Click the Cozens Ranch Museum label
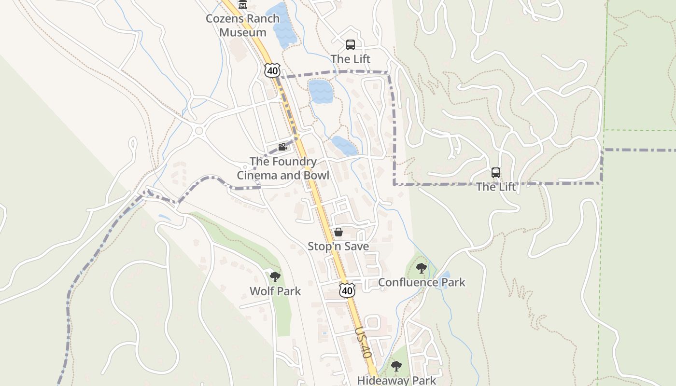242,26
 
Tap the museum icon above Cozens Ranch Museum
242,4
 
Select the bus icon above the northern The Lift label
351,45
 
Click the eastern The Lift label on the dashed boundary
496,187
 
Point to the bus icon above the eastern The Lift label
496,173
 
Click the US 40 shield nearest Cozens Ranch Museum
272,70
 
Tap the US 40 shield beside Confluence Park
347,290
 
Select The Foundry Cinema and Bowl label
283,168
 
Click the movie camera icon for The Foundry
282,147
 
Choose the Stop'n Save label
338,247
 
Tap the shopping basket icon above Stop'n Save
338,232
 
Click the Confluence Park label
422,282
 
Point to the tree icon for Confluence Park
422,268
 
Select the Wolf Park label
275,291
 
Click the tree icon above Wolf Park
275,277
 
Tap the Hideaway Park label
396,380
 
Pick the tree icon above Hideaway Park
396,366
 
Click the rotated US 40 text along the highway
363,343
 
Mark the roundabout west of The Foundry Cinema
198,130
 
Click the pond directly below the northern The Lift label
320,91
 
